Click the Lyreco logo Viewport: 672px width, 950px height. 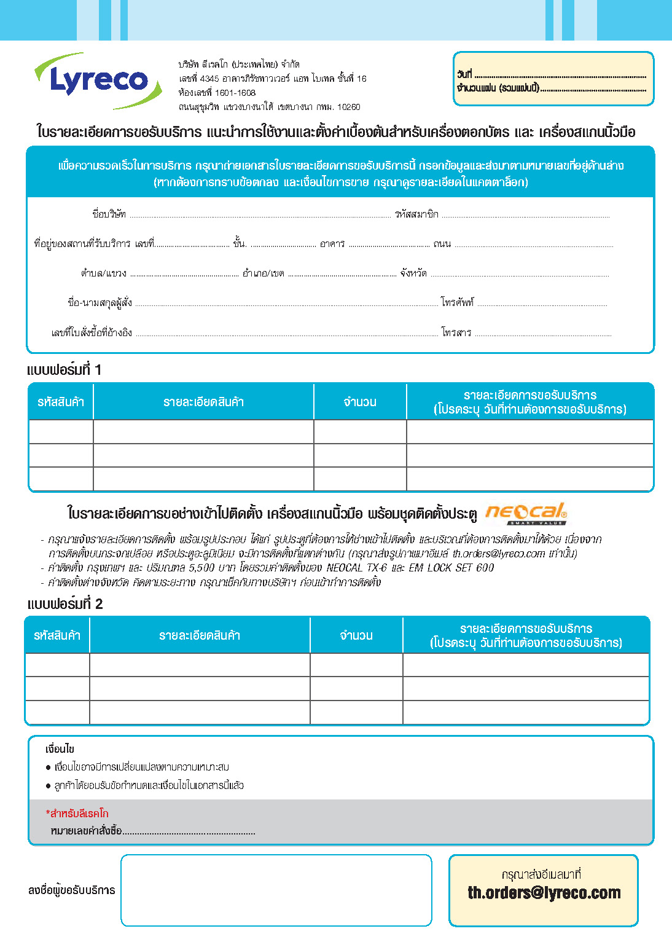(x=98, y=80)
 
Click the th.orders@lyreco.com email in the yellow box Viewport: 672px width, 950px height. (x=544, y=893)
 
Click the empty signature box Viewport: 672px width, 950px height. (x=276, y=890)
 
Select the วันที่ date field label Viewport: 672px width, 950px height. (x=464, y=74)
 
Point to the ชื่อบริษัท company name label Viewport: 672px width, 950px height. (x=109, y=214)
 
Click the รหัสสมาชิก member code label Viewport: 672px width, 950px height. (x=416, y=214)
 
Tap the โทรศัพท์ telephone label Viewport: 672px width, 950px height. (x=457, y=302)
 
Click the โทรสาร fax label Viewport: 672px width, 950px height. (x=456, y=332)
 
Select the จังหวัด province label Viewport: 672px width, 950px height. (x=413, y=273)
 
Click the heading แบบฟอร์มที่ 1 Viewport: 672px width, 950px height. (x=64, y=370)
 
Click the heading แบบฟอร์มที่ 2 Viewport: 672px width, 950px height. (x=64, y=604)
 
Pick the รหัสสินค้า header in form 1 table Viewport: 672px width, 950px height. (x=61, y=402)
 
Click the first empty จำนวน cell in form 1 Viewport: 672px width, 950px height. (x=360, y=432)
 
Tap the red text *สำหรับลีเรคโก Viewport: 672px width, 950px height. (x=77, y=814)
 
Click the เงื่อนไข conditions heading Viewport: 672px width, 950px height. (x=60, y=749)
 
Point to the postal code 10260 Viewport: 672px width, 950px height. (x=348, y=107)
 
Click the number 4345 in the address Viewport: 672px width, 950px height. (x=209, y=79)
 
